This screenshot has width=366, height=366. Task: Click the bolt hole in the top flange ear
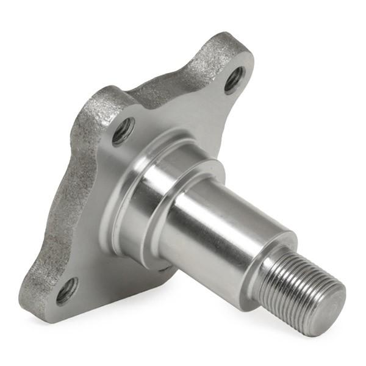(234, 79)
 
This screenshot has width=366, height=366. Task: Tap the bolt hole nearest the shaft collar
(123, 130)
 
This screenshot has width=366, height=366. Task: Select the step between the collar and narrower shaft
(183, 183)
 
